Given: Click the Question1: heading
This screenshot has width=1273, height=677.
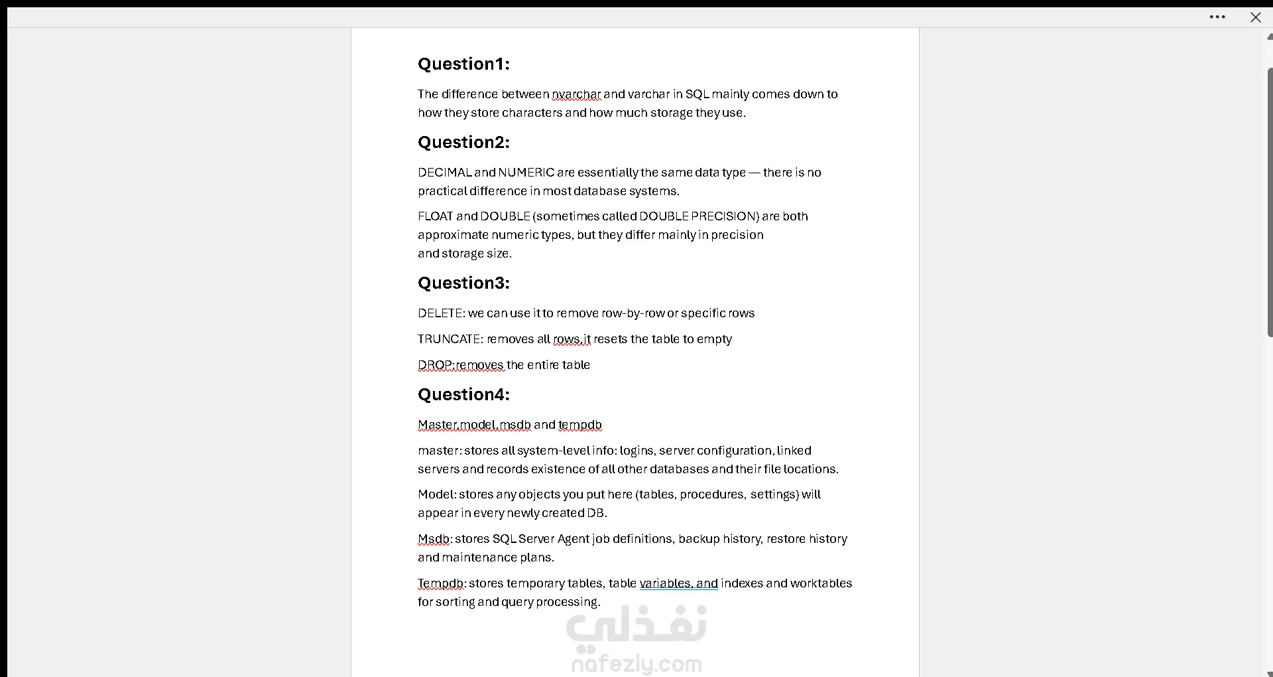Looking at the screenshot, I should click(x=463, y=64).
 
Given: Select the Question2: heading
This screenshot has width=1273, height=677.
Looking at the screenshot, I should click(x=463, y=142).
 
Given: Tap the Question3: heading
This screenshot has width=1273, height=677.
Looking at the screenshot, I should click(x=463, y=283).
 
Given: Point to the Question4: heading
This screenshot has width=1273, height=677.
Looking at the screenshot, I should click(x=463, y=394).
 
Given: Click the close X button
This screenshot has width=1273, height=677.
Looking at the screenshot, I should click(x=1255, y=17).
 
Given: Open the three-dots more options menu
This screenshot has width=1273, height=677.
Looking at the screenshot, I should click(x=1217, y=17).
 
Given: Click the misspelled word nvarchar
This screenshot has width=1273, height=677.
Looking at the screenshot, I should click(x=576, y=94).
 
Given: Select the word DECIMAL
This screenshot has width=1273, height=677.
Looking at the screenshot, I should click(x=444, y=173).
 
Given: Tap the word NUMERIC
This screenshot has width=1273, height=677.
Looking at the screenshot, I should click(x=526, y=173).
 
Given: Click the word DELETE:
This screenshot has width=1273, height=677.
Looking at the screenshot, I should click(x=441, y=313).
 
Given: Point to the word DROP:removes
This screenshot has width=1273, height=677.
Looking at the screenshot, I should click(x=461, y=365).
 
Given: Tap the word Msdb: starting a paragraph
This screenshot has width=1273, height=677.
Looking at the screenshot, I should click(x=434, y=539).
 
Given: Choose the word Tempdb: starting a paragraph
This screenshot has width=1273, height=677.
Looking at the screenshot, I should click(x=442, y=583).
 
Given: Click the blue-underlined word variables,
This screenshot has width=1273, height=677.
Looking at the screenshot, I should click(x=666, y=583).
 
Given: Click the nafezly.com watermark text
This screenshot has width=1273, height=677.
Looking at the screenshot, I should click(x=636, y=663).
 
